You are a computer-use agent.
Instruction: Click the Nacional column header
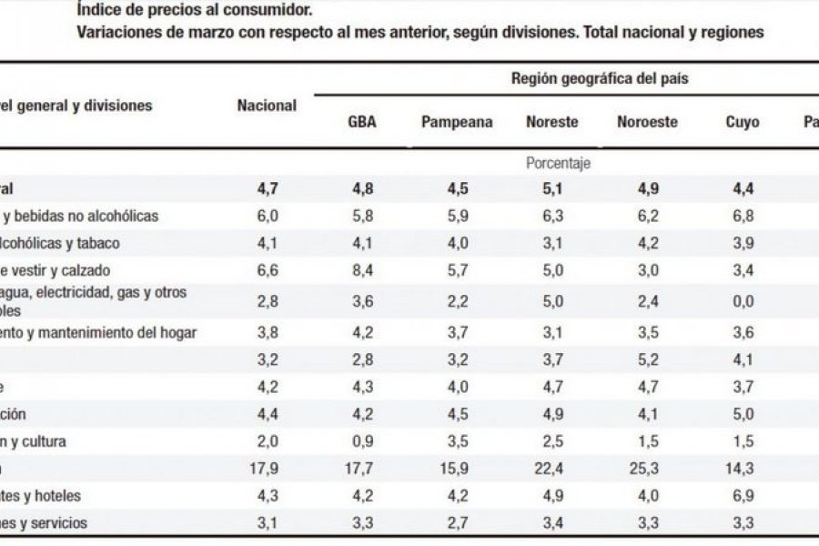point(267,106)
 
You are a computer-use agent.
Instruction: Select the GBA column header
point(362,122)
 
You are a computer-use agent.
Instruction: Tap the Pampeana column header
point(457,122)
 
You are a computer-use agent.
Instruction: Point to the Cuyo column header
point(743,122)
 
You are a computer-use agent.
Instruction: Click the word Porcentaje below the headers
point(559,164)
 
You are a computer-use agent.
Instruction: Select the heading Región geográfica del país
point(600,78)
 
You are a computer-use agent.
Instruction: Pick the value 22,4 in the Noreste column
point(552,469)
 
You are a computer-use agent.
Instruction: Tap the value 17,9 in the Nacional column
point(267,469)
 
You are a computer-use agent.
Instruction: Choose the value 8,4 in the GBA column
point(362,270)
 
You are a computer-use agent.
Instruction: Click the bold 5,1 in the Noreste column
point(552,189)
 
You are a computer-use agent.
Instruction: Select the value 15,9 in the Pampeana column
point(457,469)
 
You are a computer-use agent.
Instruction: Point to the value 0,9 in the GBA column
point(362,441)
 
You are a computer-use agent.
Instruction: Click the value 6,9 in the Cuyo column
point(743,496)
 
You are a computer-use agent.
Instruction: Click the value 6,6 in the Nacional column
point(267,270)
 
